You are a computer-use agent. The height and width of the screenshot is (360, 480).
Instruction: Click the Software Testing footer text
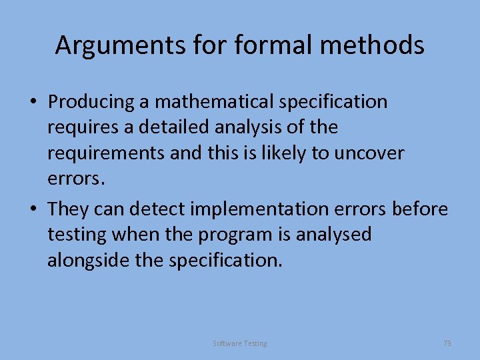click(240, 343)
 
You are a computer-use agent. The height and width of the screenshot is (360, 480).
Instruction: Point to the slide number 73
click(447, 343)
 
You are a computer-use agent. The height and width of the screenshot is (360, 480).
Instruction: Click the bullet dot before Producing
click(33, 103)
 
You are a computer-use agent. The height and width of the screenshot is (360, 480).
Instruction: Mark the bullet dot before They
click(33, 210)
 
